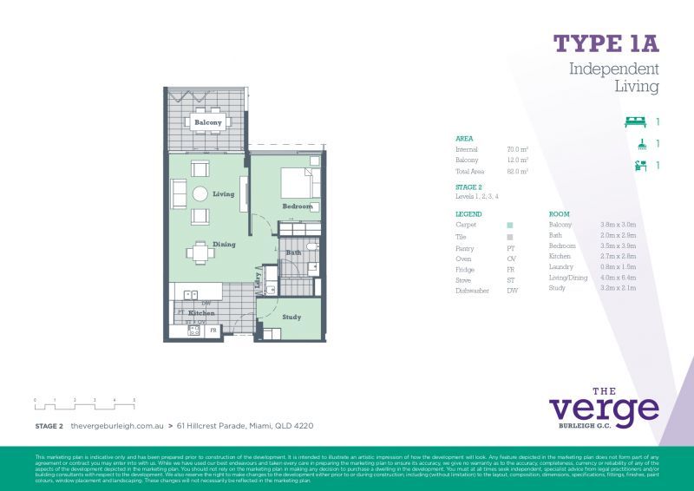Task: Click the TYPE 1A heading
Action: (606, 43)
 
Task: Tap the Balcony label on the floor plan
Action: (208, 123)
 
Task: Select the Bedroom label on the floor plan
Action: (298, 206)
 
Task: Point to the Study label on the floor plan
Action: (291, 318)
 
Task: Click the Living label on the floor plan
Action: (224, 194)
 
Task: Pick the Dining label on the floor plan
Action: (224, 245)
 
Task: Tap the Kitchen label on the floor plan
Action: (201, 312)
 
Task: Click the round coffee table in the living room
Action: (200, 194)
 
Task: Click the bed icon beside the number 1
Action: (636, 122)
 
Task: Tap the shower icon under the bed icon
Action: (640, 144)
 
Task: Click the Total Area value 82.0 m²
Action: (518, 172)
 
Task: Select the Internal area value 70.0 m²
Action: (518, 149)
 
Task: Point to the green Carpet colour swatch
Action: (510, 225)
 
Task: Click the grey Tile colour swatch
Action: (510, 237)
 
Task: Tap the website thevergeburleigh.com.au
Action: (117, 426)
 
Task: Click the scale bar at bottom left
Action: (85, 403)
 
